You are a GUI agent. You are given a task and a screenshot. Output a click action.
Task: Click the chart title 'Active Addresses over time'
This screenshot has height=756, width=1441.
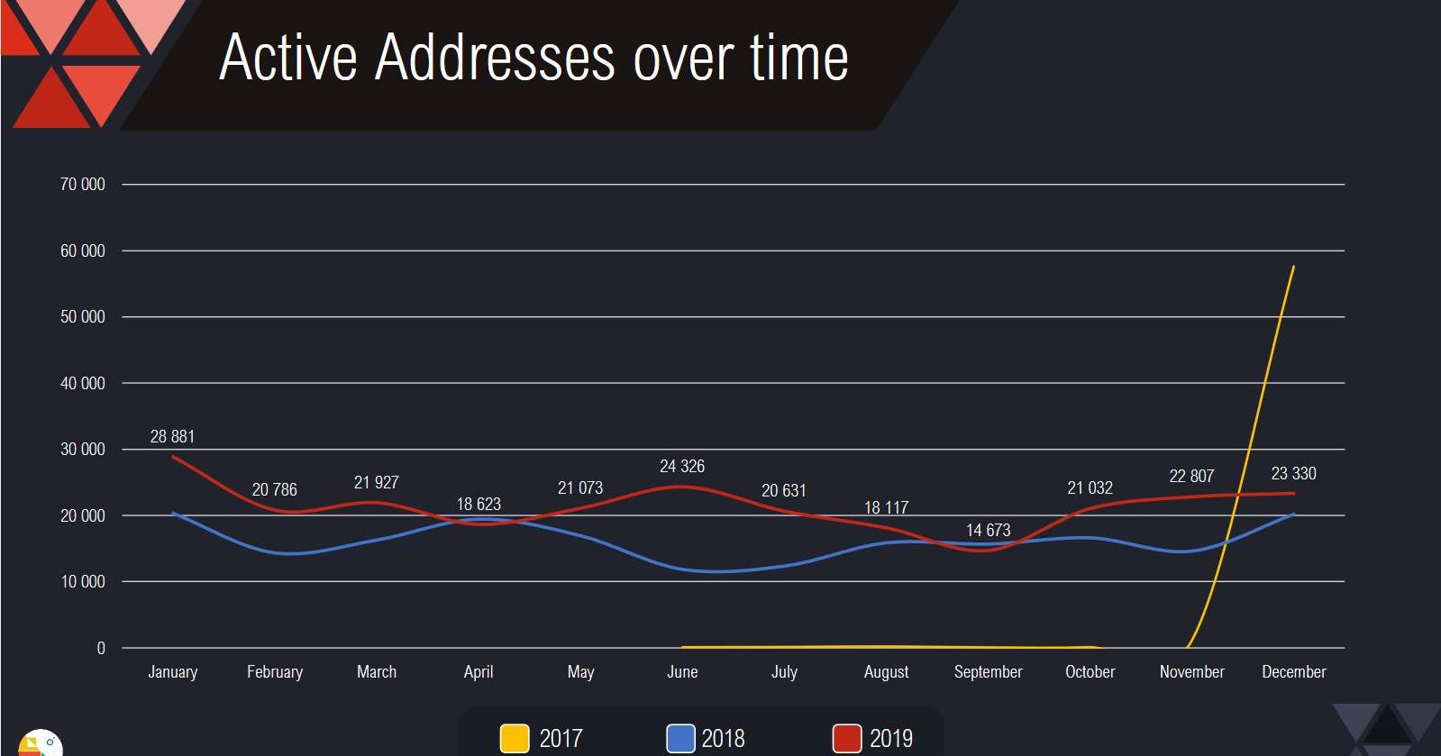(533, 58)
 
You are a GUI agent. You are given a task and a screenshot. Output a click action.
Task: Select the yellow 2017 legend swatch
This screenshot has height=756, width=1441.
(515, 738)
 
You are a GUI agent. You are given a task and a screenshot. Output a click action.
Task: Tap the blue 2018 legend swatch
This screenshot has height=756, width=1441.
(680, 738)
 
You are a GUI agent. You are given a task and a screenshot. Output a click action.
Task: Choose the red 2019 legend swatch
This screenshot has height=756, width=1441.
(847, 738)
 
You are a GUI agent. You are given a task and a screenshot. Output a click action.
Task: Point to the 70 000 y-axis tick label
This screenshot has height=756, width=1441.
(82, 185)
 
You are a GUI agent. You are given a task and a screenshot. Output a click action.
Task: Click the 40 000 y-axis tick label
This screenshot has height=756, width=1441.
(82, 384)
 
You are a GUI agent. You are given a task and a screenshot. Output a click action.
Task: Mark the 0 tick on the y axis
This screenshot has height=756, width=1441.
(101, 649)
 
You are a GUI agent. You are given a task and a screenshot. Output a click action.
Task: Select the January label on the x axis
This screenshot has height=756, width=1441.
(172, 672)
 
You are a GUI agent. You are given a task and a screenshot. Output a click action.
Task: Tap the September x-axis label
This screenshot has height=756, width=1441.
(988, 672)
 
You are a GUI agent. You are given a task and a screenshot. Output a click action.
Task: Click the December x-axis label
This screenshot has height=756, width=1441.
(1293, 672)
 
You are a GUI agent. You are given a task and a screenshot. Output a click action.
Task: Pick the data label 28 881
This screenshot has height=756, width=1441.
(172, 437)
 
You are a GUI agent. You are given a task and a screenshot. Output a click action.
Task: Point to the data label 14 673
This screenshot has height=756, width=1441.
(988, 531)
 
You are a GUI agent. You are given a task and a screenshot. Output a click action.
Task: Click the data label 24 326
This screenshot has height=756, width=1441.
(682, 467)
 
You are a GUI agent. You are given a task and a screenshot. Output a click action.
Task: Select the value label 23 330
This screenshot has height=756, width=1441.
(1293, 474)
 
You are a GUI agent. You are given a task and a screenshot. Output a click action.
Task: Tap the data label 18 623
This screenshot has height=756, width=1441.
(479, 505)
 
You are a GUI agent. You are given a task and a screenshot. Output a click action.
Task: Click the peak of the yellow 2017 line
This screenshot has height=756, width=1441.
(1294, 266)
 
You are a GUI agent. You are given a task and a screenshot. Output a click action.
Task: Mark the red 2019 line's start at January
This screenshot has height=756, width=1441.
(172, 457)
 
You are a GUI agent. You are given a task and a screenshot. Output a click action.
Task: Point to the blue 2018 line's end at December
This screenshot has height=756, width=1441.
(1294, 514)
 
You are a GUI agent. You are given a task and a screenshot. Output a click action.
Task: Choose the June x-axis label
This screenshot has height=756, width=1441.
(682, 672)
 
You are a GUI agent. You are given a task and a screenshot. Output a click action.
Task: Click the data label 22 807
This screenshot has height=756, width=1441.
(1191, 477)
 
